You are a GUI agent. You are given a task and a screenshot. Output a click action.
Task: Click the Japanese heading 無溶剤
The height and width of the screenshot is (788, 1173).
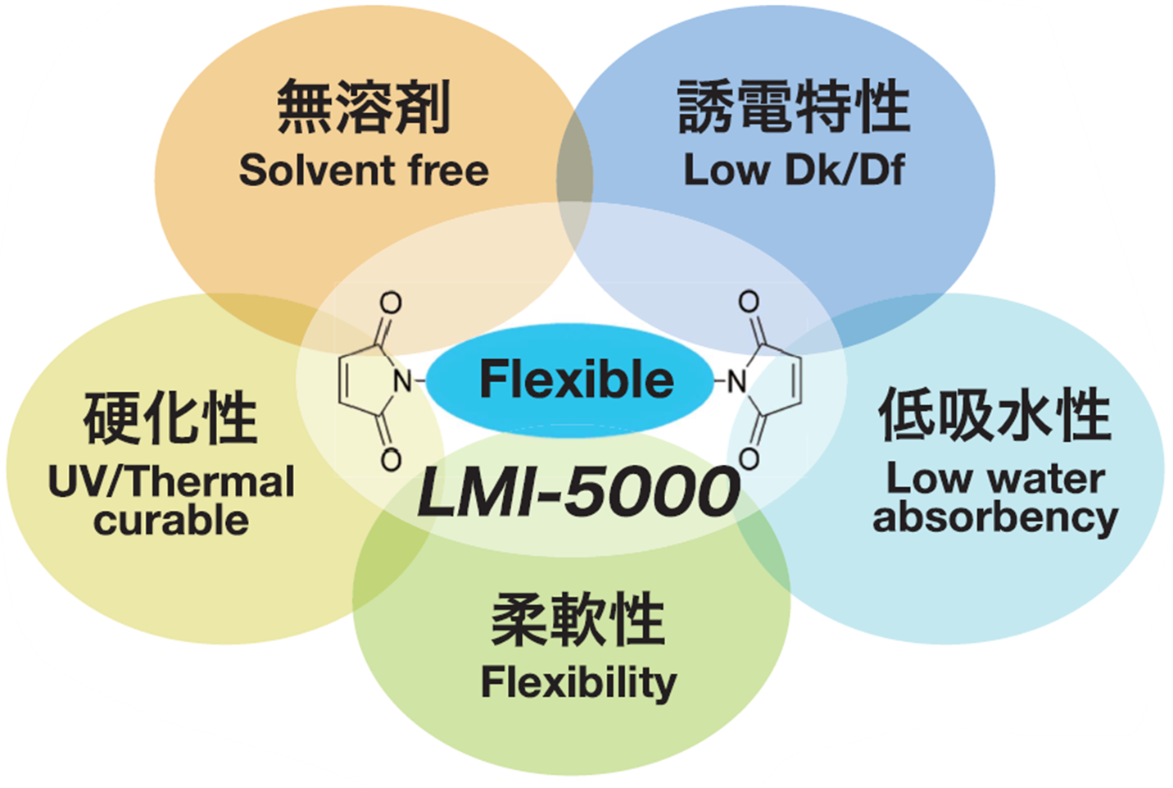[364, 107]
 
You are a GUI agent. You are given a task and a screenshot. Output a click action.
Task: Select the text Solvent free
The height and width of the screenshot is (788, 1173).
[364, 171]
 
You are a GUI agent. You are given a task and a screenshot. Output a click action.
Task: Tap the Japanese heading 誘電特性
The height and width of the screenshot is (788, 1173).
[794, 107]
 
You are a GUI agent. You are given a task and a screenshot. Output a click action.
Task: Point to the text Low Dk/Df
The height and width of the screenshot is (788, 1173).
[794, 171]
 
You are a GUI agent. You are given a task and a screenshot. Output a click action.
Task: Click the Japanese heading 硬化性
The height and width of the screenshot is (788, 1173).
[170, 418]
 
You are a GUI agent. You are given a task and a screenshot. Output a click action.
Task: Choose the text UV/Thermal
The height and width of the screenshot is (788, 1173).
[171, 481]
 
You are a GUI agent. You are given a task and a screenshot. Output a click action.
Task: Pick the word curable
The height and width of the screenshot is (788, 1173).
[171, 521]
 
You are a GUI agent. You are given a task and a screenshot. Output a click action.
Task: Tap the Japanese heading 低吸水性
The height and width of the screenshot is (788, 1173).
[994, 415]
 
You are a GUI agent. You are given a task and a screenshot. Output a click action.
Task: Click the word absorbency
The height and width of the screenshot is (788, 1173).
[995, 517]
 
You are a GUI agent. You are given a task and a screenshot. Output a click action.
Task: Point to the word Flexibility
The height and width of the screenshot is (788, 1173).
[578, 682]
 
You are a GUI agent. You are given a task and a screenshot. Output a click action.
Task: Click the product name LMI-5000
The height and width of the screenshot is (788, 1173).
[578, 492]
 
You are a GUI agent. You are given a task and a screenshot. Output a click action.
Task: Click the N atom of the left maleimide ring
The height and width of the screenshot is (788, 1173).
[402, 381]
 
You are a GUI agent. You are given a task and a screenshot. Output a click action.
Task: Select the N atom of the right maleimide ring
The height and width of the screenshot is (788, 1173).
[737, 381]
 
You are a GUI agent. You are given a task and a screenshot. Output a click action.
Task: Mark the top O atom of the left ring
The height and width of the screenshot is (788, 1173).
[391, 303]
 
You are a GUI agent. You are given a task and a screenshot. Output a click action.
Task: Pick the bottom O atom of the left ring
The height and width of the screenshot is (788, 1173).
[391, 459]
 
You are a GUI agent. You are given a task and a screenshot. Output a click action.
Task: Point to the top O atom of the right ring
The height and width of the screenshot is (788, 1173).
[749, 301]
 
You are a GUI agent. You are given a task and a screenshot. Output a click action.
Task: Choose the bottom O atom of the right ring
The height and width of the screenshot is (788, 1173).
[749, 458]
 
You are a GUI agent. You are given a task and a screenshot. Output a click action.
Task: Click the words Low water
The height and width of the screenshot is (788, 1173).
[995, 479]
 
